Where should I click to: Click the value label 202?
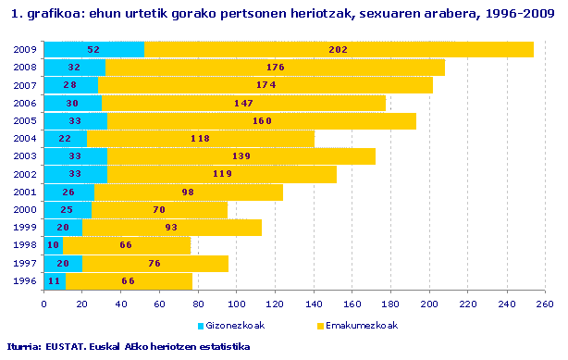pos(339,50)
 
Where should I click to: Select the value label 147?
pos(243,103)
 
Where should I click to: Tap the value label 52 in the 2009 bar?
pos(93,50)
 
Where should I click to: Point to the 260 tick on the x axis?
pos(545,302)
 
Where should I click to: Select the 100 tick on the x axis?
pos(237,302)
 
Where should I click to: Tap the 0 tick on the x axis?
pos(44,302)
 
